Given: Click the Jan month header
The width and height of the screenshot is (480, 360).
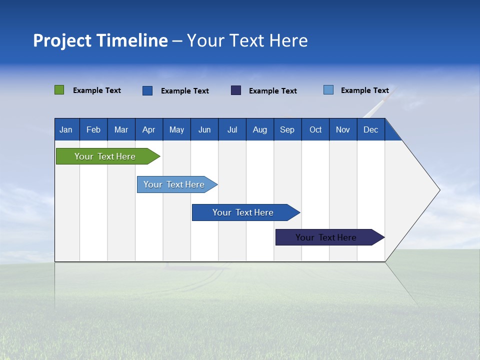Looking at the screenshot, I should [x=66, y=129].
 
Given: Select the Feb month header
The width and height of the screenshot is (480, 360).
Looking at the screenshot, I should [x=93, y=129].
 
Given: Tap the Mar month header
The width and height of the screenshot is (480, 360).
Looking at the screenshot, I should [x=121, y=129].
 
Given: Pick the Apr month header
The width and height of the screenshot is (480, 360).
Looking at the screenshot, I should [x=149, y=129].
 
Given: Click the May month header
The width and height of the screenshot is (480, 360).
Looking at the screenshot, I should [x=176, y=129].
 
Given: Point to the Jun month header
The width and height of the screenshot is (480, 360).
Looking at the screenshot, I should [x=204, y=129].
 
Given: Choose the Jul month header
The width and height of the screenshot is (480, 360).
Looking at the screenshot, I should [x=232, y=129].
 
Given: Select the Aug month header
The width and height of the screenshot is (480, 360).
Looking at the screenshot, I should [x=260, y=129].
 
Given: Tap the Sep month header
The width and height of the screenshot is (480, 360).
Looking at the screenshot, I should [x=287, y=129].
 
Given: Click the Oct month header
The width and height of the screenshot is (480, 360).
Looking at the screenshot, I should [x=315, y=129].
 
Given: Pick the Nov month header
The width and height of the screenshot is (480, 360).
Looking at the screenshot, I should [x=343, y=129].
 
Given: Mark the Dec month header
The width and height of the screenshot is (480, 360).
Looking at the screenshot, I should [x=371, y=129].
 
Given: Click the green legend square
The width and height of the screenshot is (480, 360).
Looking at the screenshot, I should [x=59, y=90].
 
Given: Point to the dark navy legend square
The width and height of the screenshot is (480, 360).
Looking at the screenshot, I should [x=236, y=90].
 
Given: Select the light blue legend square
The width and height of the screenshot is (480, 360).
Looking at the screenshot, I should [x=328, y=90].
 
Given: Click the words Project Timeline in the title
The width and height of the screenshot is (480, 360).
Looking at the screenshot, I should [x=100, y=40].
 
